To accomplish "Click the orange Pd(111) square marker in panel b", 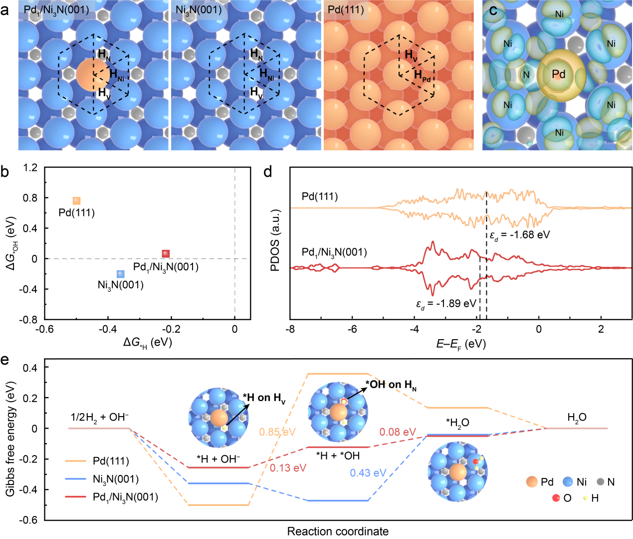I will [x=76, y=201].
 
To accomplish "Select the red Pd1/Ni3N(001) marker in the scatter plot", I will [x=166, y=254].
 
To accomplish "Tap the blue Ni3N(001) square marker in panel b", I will [x=120, y=274].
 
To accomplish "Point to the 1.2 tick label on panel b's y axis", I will [x=30, y=167].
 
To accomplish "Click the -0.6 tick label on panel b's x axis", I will [x=44, y=329].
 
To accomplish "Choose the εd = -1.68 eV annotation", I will [x=519, y=235].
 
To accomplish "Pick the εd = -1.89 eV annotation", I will [x=446, y=304].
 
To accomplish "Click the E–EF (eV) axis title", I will [x=461, y=344].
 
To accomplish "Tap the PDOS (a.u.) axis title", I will [x=275, y=240].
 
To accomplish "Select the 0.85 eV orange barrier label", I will [x=277, y=432].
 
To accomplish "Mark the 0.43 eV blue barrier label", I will [x=368, y=473].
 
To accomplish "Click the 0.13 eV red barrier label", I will [x=288, y=468].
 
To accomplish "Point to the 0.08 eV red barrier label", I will [x=398, y=432].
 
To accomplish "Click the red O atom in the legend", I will [x=556, y=498].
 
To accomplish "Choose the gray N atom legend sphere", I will [x=601, y=482].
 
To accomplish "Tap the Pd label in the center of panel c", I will [x=559, y=74].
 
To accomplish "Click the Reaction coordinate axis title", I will [x=338, y=531].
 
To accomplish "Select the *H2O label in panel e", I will [x=457, y=423].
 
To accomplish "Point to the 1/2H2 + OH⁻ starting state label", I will [x=100, y=417].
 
